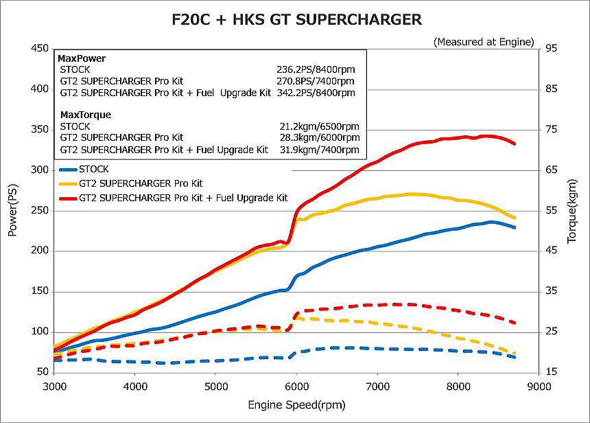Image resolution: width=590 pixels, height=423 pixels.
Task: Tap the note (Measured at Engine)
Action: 484,42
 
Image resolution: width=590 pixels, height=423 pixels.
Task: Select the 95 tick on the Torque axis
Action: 551,49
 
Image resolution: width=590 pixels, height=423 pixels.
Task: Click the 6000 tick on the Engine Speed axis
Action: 296,385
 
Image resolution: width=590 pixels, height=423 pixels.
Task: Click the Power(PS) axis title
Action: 12,210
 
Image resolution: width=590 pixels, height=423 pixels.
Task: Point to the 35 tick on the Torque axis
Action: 551,291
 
